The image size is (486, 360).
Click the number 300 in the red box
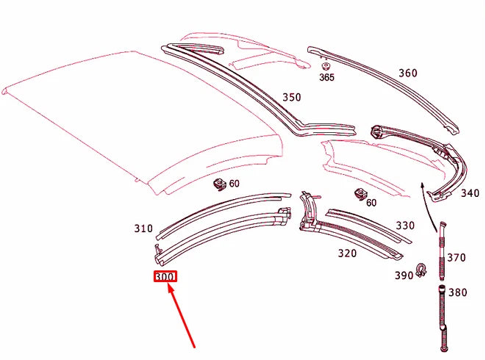click(165, 277)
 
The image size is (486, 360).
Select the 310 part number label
click(143, 228)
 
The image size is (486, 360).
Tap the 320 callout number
click(347, 253)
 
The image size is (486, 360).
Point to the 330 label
click(405, 226)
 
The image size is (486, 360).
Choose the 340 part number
click(469, 194)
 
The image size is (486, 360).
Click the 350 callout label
click(292, 97)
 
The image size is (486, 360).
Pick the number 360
click(407, 73)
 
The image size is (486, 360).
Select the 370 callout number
click(457, 257)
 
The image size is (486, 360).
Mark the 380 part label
click(457, 292)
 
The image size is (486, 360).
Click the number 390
click(403, 275)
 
